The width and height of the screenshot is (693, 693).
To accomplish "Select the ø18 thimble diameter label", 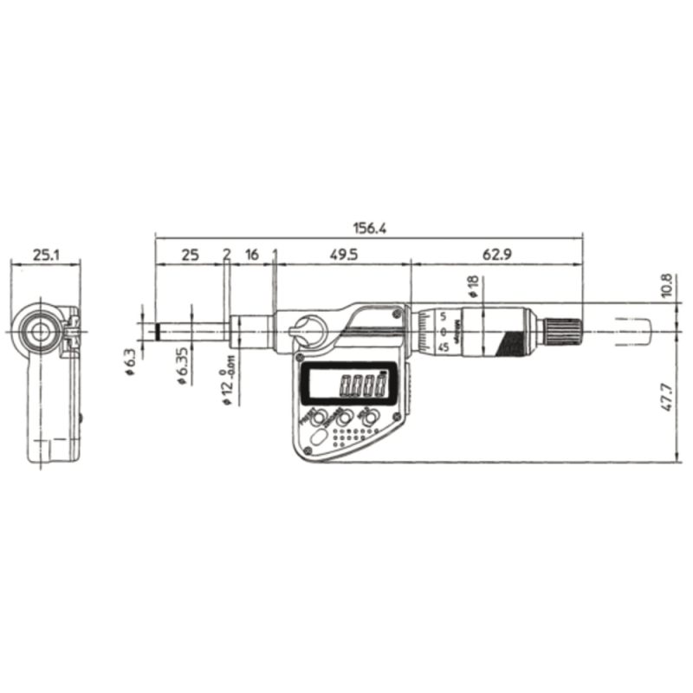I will (x=472, y=287).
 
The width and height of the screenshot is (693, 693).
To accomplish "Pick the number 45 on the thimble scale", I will (x=442, y=346).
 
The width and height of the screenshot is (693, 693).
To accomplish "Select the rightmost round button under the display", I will (x=370, y=419).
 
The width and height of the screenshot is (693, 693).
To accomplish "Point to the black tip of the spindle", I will (x=159, y=330).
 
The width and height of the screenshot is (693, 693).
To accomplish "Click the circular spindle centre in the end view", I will (x=38, y=330).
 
